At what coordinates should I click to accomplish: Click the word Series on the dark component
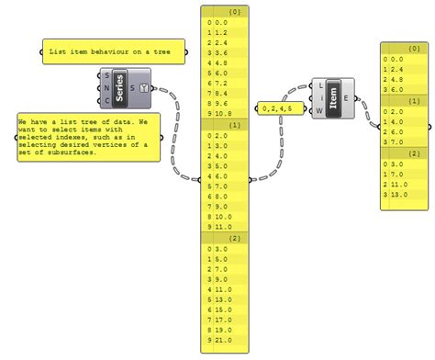(x=120, y=88)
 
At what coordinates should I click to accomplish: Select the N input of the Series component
(x=108, y=87)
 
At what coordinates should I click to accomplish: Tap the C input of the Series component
(x=108, y=99)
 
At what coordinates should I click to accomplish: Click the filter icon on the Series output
(x=144, y=88)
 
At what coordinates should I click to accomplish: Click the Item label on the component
(x=332, y=100)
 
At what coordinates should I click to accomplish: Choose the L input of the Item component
(x=318, y=88)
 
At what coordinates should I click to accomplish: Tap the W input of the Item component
(x=318, y=112)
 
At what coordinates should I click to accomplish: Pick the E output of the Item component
(x=347, y=100)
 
